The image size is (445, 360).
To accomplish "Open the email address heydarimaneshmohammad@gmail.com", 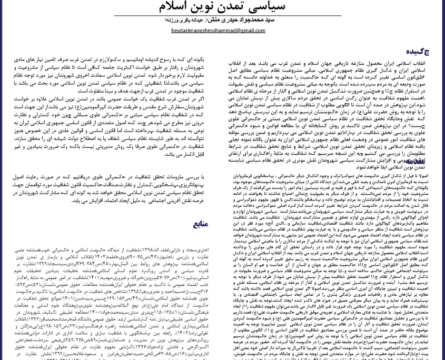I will [218, 31].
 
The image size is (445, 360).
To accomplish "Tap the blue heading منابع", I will [200, 224].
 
